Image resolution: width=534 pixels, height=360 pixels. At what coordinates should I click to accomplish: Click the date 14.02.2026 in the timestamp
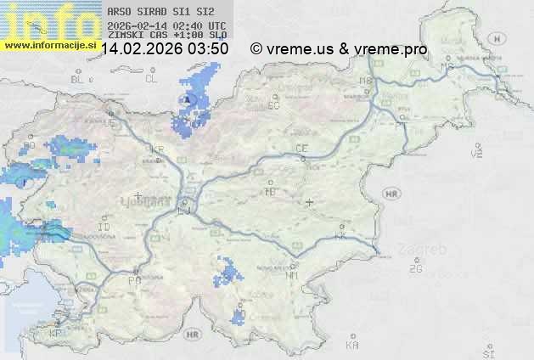pos(142,49)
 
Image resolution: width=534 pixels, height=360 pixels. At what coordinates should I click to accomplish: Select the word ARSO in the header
pos(118,13)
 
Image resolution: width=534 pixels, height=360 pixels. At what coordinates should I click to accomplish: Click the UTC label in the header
pos(216,25)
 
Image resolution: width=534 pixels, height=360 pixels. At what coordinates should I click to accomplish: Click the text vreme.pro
pos(391,49)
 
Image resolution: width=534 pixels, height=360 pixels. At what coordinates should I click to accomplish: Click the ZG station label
pos(415,269)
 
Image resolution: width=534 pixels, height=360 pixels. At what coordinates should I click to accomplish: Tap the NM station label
pos(293,275)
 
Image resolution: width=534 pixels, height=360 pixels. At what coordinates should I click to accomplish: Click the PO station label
pos(133,279)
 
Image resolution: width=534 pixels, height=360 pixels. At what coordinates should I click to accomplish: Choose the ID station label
pos(104,228)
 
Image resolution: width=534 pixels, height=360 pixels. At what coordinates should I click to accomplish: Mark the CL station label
pos(151,79)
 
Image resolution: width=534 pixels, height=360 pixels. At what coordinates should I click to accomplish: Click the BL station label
pos(77,79)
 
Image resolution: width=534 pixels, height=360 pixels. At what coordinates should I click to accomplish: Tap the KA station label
pos(352,345)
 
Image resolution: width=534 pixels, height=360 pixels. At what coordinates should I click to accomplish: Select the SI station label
pos(487,352)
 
